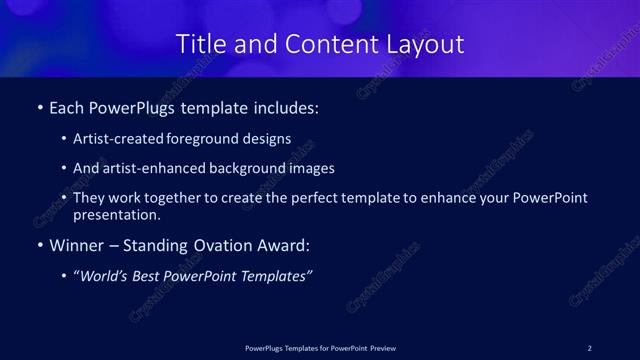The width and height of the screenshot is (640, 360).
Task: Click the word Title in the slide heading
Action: [x=200, y=44]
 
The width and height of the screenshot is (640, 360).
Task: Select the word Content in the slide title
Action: [x=317, y=44]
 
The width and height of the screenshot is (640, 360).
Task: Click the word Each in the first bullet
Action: [x=68, y=106]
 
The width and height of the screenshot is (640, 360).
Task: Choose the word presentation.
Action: [x=116, y=214]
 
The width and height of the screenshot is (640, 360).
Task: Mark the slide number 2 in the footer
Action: [x=589, y=348]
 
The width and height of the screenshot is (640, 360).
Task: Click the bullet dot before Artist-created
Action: [x=64, y=139]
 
